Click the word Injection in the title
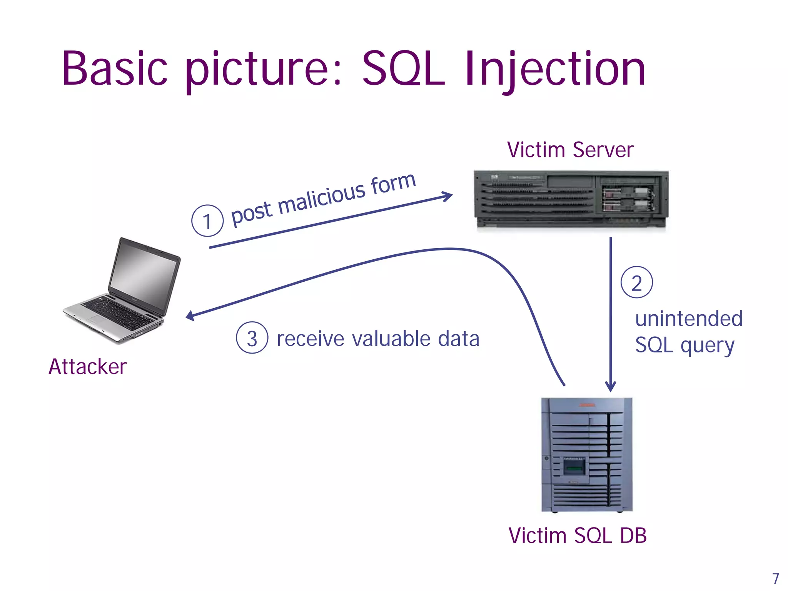pos(555,69)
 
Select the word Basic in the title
pos(115,69)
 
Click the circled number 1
pos(207,221)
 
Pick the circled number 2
pos(637,282)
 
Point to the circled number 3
pos(252,338)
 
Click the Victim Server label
pos(570,150)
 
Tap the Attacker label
pos(88,366)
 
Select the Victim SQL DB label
pos(578,535)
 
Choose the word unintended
pos(689,319)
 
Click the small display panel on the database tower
pos(574,468)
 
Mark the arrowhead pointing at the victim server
pos(449,196)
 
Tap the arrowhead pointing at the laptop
pos(190,316)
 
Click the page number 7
pos(776,578)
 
